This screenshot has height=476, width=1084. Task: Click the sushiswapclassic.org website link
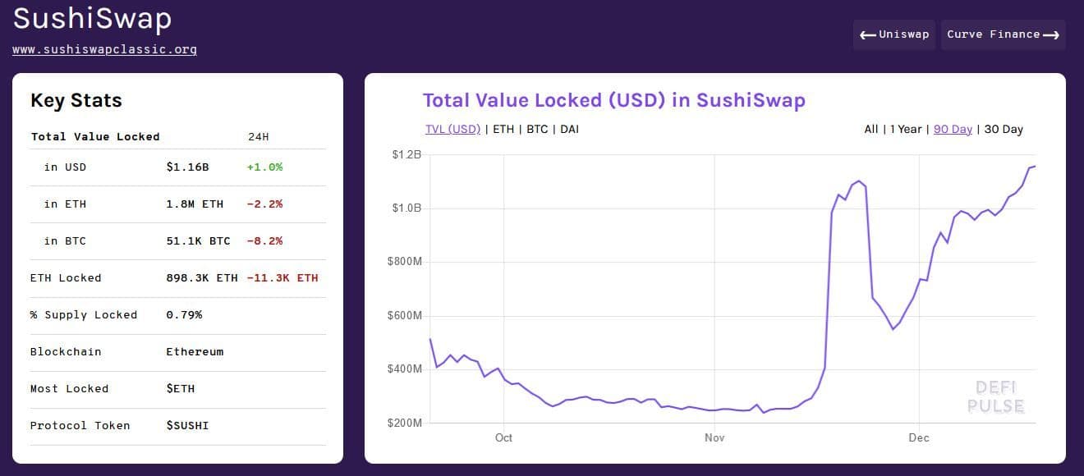104,49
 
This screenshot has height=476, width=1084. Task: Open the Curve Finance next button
1003,34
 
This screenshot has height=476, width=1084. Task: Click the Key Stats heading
76,101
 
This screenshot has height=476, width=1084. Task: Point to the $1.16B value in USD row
187,167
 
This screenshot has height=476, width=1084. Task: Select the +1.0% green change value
264,167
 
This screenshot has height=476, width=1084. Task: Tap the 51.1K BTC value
198,241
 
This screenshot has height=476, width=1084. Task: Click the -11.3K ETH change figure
282,278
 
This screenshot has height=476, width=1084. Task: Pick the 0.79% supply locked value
184,315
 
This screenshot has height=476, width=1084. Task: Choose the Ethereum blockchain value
195,352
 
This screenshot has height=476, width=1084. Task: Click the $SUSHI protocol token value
187,426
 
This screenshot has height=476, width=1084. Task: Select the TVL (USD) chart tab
452,130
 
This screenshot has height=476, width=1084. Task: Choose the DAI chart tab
569,130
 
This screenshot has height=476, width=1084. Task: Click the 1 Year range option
906,130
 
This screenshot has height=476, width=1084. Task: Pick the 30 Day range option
1004,130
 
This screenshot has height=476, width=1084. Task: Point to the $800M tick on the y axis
405,262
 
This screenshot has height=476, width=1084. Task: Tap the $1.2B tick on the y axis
406,154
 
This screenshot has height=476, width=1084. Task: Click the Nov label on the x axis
714,438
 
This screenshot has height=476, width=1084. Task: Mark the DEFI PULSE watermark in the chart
995,397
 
